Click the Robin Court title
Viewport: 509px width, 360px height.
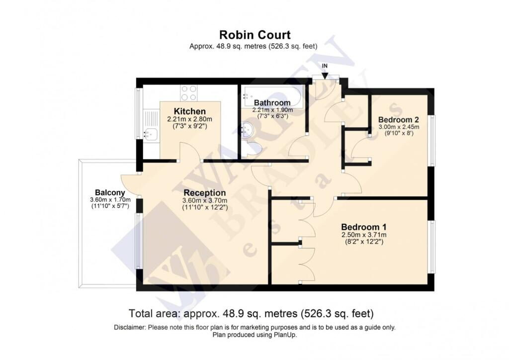[x=254, y=35]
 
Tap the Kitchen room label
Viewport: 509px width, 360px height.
[x=189, y=111]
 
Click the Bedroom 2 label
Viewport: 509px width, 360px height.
[x=399, y=119]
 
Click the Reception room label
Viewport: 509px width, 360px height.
[x=204, y=193]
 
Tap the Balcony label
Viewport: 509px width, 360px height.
[x=110, y=192]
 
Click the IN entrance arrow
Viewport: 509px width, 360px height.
[x=325, y=74]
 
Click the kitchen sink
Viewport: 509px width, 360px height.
[x=151, y=133]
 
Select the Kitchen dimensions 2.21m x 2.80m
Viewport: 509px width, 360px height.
[x=189, y=119]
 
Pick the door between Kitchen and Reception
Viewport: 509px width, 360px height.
[x=189, y=152]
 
